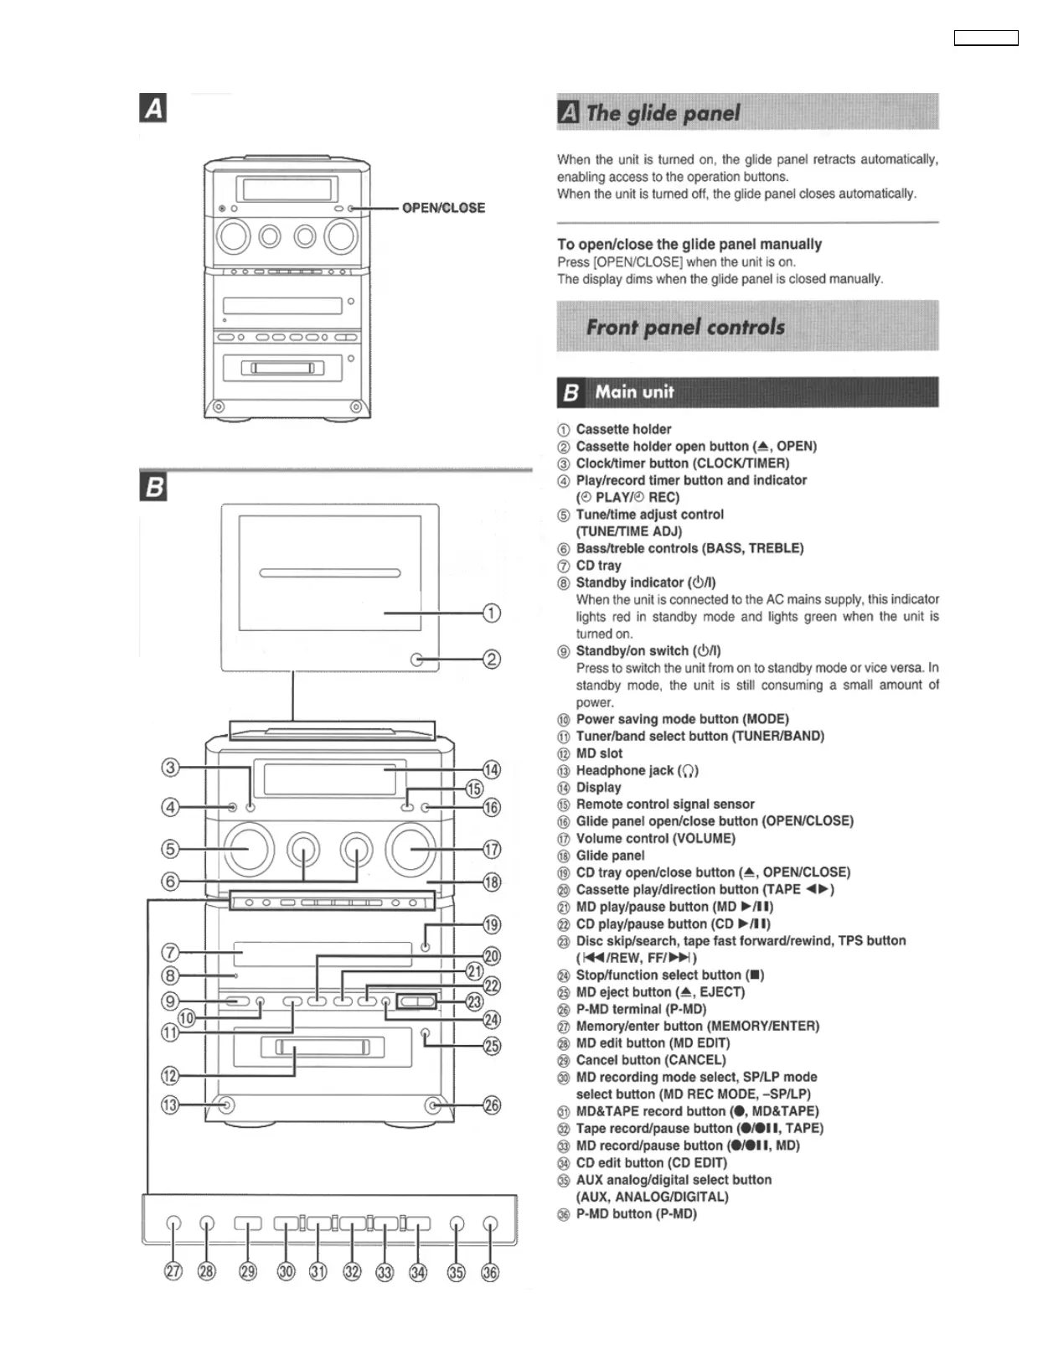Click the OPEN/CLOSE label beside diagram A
pyautogui.click(x=443, y=208)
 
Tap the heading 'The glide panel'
pyautogui.click(x=663, y=113)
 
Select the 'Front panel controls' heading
pyautogui.click(x=685, y=327)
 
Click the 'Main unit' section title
pyautogui.click(x=634, y=392)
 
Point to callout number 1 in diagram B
pyautogui.click(x=492, y=613)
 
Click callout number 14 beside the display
pyautogui.click(x=492, y=769)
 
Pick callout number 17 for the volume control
pyautogui.click(x=492, y=849)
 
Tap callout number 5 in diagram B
pyautogui.click(x=171, y=849)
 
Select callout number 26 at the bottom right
pyautogui.click(x=492, y=1105)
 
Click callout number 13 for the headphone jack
pyautogui.click(x=170, y=1104)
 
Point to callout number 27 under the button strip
pyautogui.click(x=173, y=1271)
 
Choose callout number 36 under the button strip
pyautogui.click(x=490, y=1271)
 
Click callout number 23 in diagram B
pyautogui.click(x=474, y=1001)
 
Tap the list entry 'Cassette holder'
pyautogui.click(x=623, y=429)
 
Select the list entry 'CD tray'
pyautogui.click(x=598, y=566)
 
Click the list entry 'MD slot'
pyautogui.click(x=599, y=753)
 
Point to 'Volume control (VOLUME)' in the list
pyautogui.click(x=655, y=838)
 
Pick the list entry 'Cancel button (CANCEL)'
pyautogui.click(x=650, y=1060)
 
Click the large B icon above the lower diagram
pyautogui.click(x=154, y=487)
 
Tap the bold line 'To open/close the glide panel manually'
pyautogui.click(x=689, y=244)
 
